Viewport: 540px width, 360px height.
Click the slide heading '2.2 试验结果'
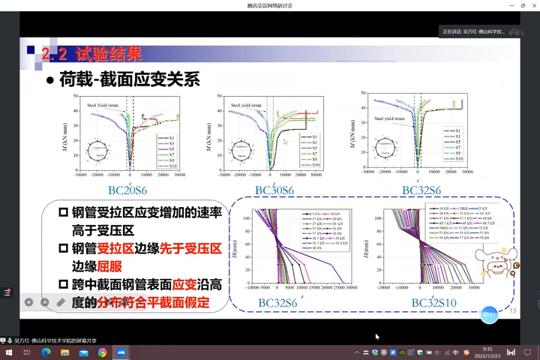click(x=91, y=54)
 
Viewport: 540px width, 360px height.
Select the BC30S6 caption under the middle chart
click(x=274, y=190)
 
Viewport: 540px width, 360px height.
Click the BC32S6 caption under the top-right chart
click(x=421, y=190)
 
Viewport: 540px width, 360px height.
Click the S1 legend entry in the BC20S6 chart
click(x=167, y=138)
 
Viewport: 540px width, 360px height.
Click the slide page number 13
click(x=513, y=311)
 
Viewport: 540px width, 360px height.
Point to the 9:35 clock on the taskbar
click(x=487, y=349)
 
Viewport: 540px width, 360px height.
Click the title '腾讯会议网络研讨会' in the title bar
click(x=269, y=5)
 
